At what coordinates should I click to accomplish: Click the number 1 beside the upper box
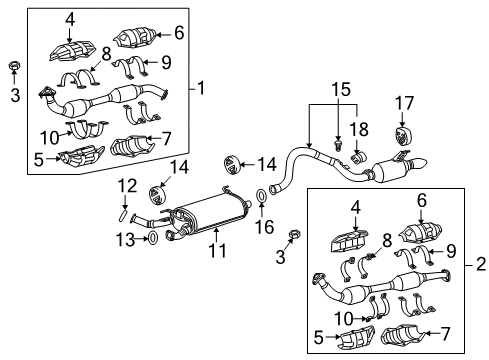pos(203,88)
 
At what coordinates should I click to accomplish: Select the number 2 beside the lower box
pos(480,268)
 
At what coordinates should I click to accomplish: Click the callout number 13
pos(125,238)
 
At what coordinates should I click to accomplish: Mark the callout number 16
pos(264,227)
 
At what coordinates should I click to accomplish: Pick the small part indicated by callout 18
pos(359,153)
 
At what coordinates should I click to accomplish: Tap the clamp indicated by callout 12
pos(123,209)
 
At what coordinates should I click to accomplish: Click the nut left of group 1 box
pos(14,67)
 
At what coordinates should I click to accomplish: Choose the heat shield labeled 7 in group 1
pos(131,148)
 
